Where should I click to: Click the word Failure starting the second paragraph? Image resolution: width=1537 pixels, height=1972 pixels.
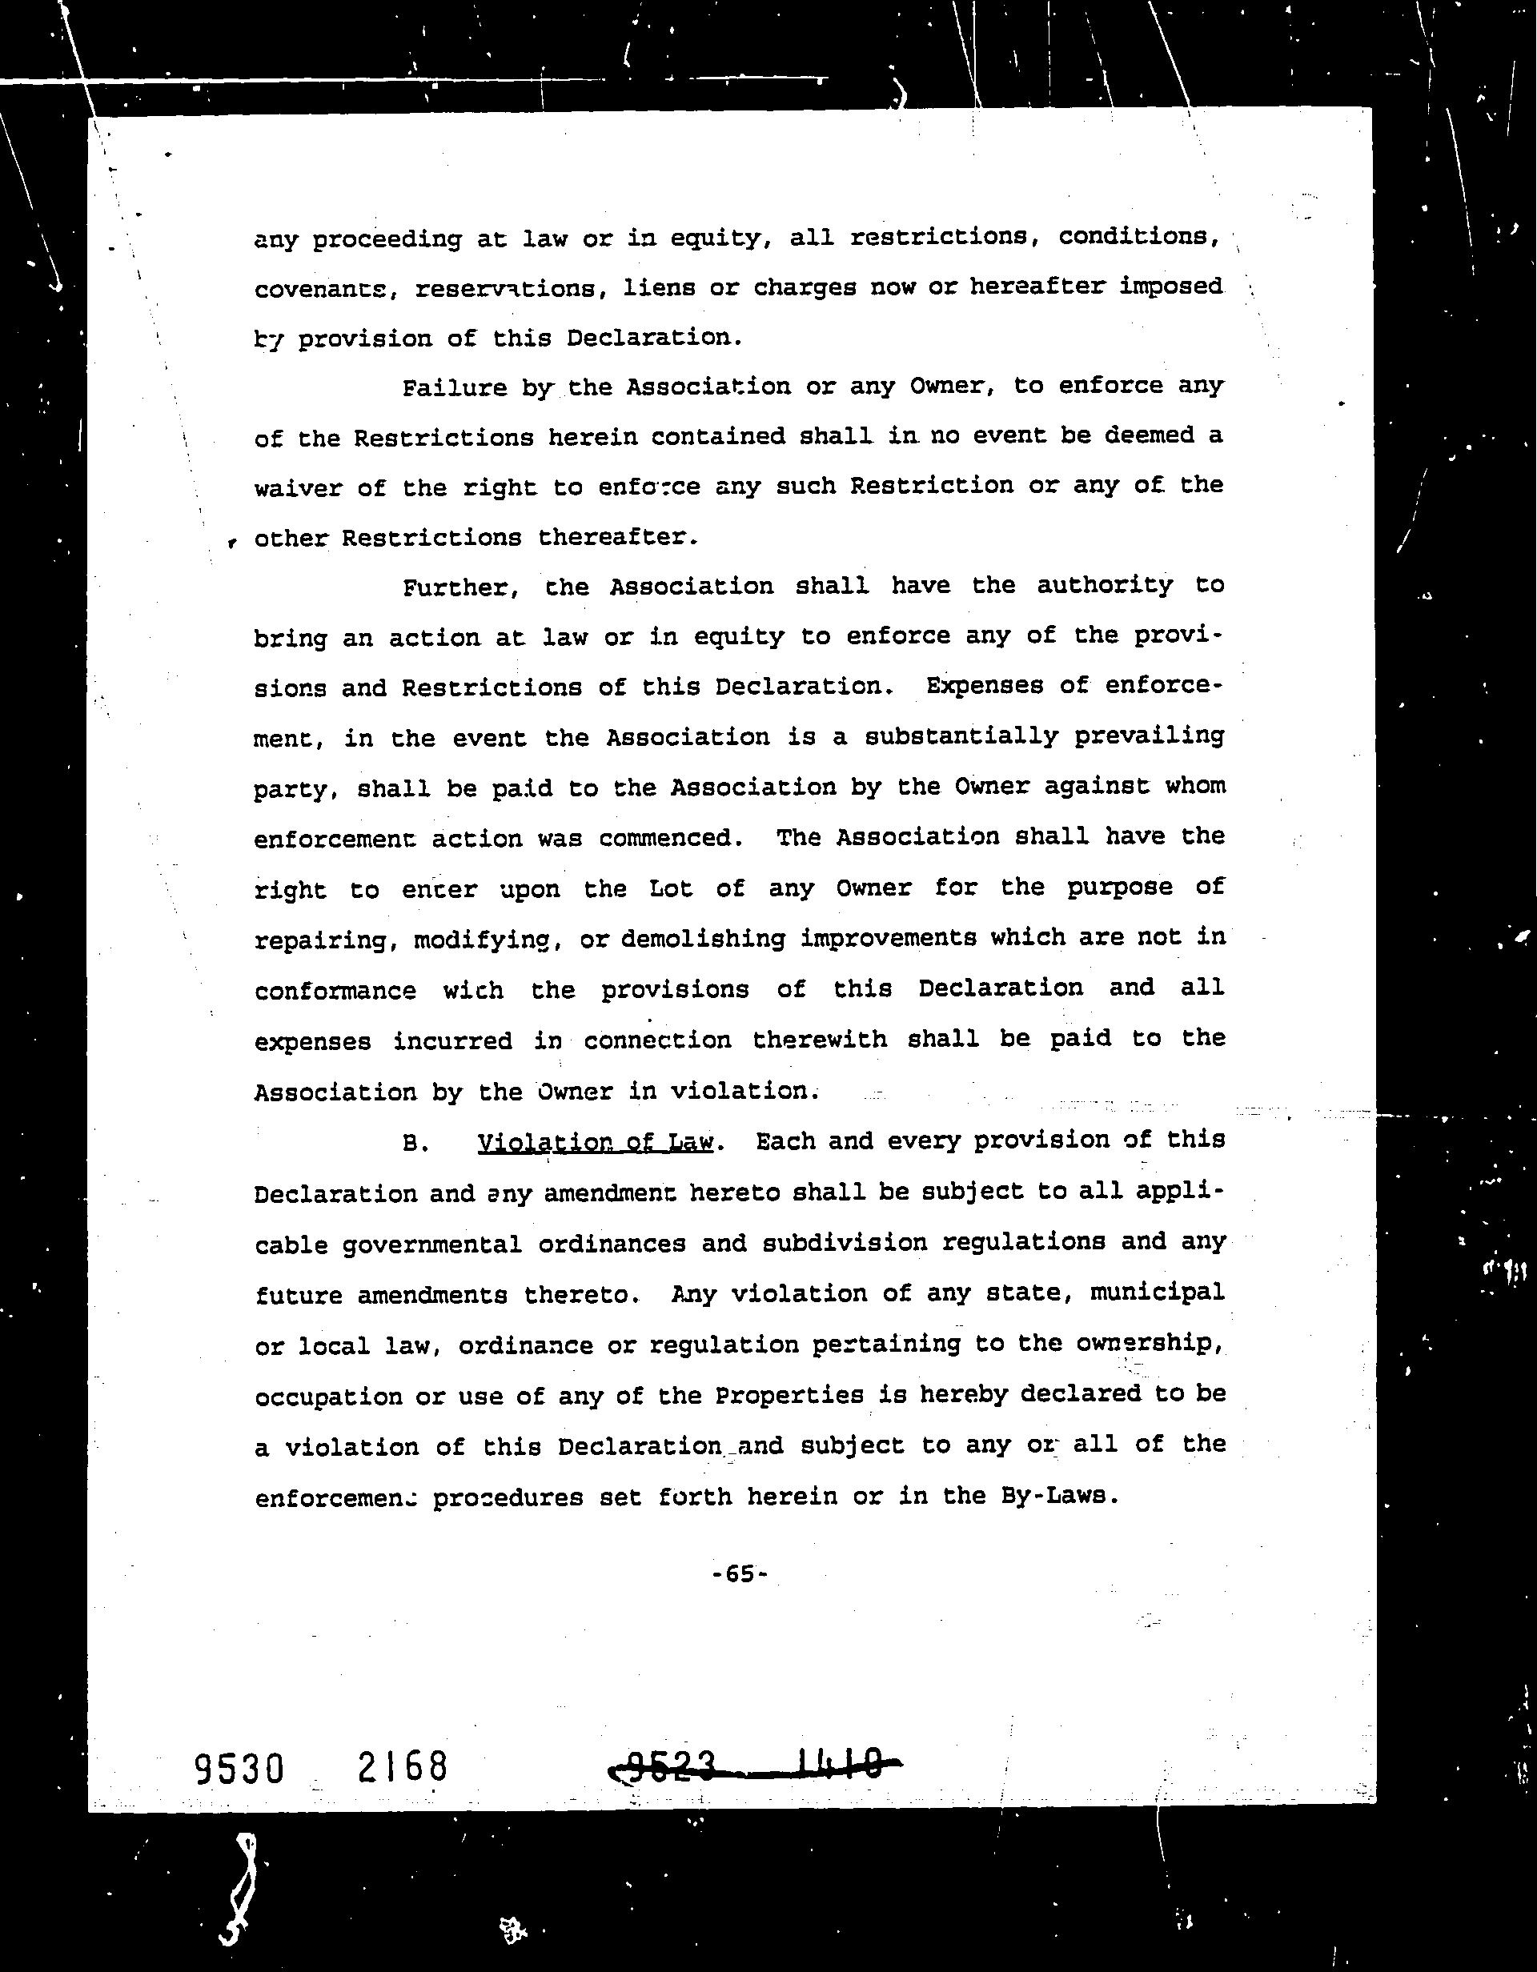pyautogui.click(x=453, y=388)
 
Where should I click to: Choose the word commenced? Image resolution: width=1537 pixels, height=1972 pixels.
pyautogui.click(x=670, y=837)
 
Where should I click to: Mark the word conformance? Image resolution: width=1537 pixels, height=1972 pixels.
pyautogui.click(x=335, y=991)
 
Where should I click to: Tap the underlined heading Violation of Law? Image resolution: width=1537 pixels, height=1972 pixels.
pyautogui.click(x=595, y=1142)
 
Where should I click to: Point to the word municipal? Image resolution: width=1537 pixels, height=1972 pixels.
pyautogui.click(x=1157, y=1293)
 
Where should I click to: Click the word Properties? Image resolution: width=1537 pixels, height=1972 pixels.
pyautogui.click(x=789, y=1395)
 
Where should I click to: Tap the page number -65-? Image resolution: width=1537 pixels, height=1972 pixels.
pyautogui.click(x=739, y=1573)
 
